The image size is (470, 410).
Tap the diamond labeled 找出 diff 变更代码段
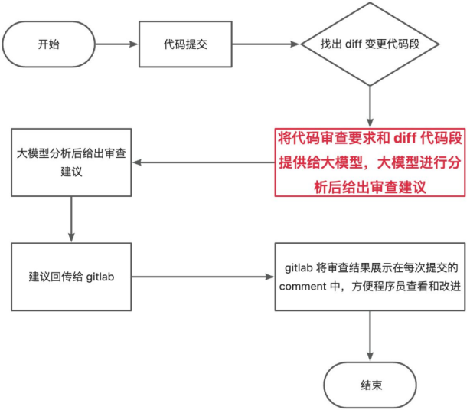pos(370,44)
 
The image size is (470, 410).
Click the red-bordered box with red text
pos(370,162)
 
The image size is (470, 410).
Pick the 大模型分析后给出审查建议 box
pos(71,162)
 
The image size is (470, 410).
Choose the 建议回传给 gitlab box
pos(71,277)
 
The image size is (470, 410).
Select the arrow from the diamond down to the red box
pos(370,103)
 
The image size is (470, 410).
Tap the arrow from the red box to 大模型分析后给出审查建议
pos(201,162)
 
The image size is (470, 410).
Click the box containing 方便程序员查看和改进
pos(370,277)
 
